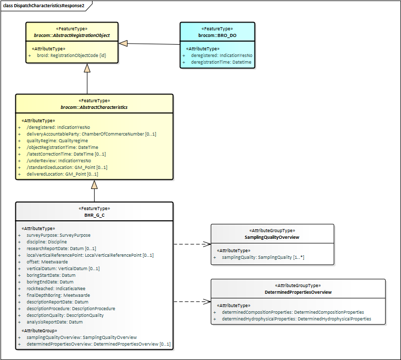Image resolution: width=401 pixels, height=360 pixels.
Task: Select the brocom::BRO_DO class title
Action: pos(216,36)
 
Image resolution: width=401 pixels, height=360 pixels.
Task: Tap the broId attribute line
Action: pos(71,55)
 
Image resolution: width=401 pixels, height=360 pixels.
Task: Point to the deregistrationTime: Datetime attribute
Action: pos(221,62)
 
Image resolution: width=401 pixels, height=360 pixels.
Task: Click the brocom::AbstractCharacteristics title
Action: pos(94,107)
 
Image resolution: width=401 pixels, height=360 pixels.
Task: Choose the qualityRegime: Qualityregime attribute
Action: pos(58,140)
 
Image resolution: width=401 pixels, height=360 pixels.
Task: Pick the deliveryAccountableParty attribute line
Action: pos(91,134)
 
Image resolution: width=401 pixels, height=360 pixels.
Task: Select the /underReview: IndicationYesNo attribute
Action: pos(59,161)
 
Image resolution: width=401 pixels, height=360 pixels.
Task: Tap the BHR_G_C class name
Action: pos(94,216)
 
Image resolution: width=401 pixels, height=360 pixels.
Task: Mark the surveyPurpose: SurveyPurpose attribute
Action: pos(59,235)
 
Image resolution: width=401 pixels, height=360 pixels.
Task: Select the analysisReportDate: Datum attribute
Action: pos(54,322)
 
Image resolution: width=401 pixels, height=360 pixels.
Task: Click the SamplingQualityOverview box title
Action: pos(271,238)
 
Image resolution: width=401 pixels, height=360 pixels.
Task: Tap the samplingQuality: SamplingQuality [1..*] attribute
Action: pos(263,257)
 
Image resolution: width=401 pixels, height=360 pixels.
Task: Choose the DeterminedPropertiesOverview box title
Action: pos(298,292)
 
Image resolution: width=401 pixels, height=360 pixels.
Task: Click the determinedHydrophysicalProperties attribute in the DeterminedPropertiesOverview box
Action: pos(296,319)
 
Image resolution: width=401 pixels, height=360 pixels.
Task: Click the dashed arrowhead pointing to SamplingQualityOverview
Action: pos(208,244)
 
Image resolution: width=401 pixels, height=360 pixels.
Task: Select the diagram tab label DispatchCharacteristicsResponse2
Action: pos(47,5)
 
